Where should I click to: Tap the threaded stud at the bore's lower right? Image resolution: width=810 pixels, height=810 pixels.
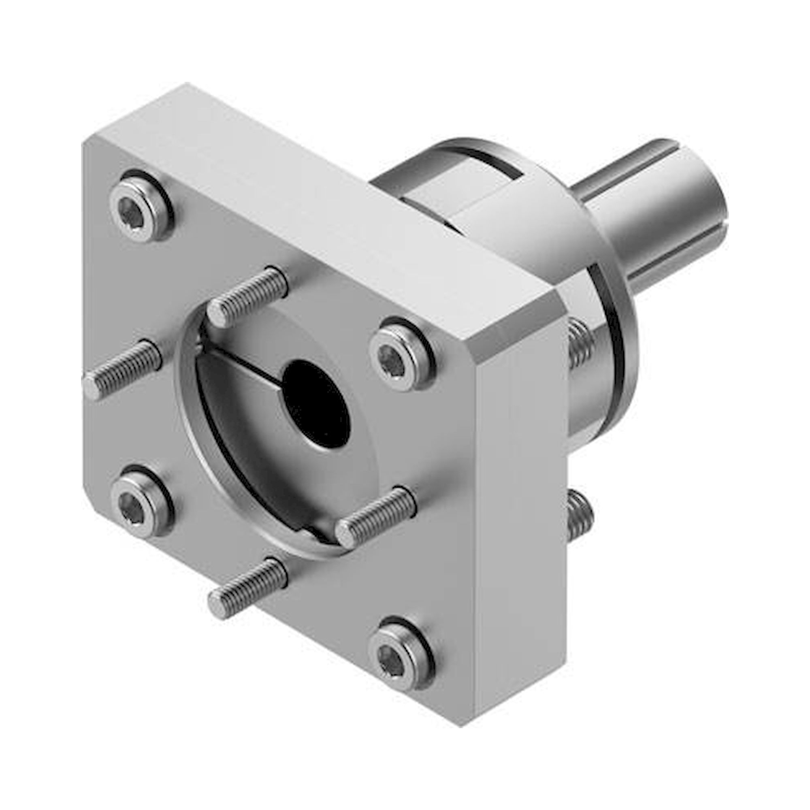tap(375, 516)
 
